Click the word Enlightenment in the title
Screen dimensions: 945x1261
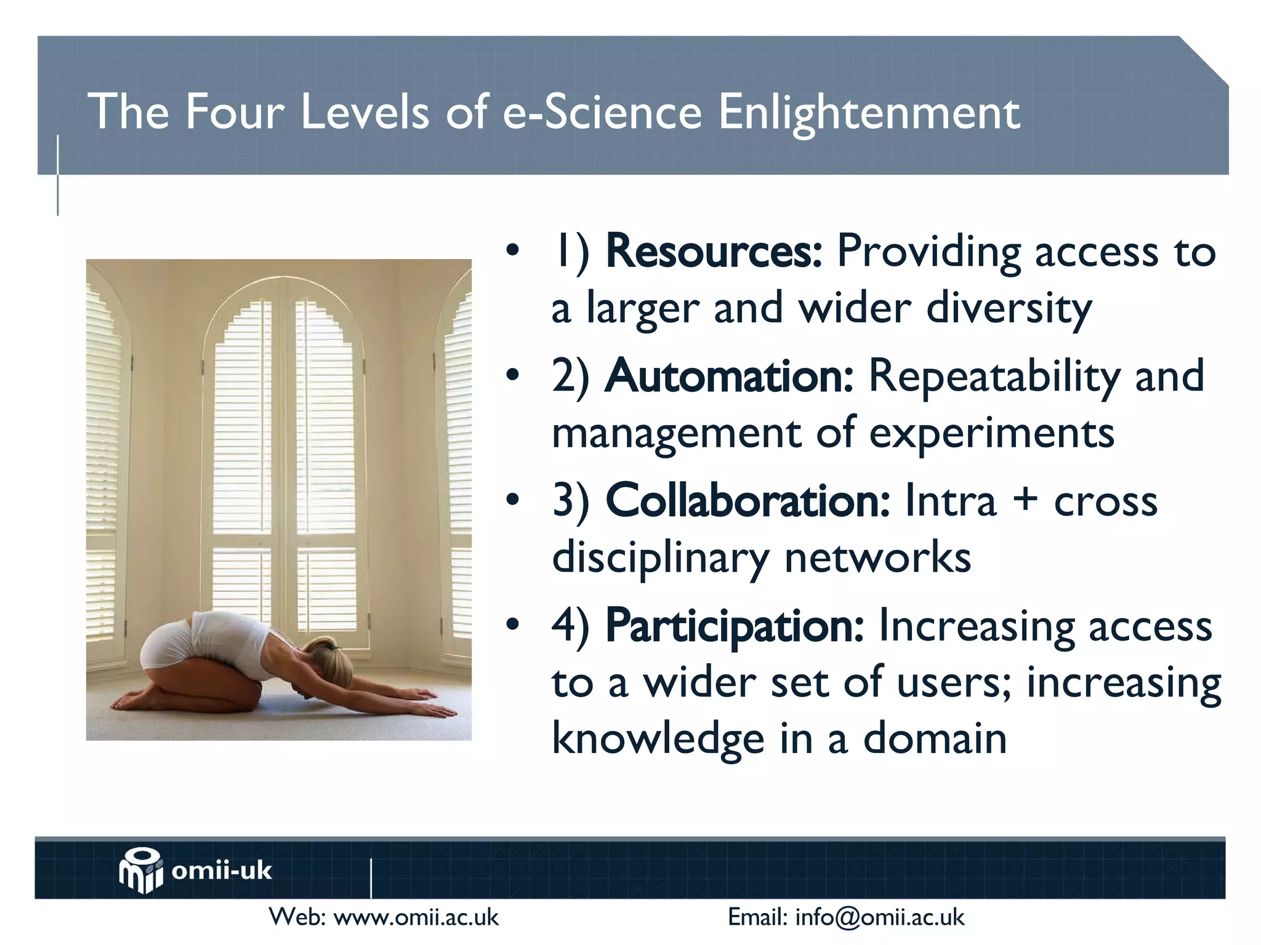coord(869,113)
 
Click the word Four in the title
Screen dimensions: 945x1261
coord(235,113)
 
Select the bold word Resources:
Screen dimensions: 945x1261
coord(714,252)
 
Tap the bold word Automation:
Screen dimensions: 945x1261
coord(729,377)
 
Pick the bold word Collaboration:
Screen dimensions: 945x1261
coord(747,501)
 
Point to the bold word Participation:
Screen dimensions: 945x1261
coord(735,626)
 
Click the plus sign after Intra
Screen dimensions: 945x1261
coord(1025,500)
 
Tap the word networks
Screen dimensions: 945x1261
coord(877,557)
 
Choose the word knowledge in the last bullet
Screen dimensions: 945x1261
coord(658,738)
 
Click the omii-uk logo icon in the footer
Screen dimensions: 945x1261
coord(141,870)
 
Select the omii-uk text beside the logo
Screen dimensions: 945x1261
coord(222,871)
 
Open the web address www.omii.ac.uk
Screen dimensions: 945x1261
coord(416,917)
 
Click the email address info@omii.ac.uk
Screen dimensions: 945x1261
coord(879,917)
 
